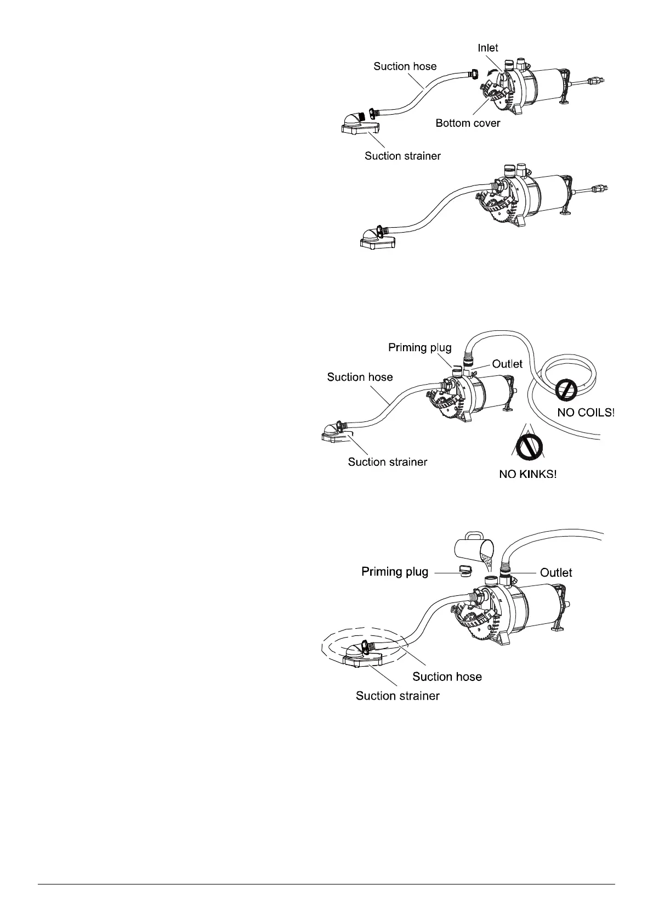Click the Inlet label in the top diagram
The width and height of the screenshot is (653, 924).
point(487,48)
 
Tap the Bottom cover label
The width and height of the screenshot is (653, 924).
point(468,123)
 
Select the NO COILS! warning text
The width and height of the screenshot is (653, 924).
point(586,412)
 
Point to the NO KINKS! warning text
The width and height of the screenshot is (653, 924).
point(527,474)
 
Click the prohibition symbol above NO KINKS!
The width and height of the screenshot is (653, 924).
point(528,445)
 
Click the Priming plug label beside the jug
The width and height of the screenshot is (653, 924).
point(395,572)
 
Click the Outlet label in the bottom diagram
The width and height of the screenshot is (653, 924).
point(556,572)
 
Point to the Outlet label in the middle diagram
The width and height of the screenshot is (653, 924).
point(507,364)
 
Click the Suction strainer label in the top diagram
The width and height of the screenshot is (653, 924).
point(402,156)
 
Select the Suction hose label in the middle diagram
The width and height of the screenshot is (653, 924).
point(360,377)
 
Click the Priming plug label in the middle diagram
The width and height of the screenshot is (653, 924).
point(419,347)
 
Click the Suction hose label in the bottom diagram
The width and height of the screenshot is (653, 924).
point(447,677)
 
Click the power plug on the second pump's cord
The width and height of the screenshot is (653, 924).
point(600,189)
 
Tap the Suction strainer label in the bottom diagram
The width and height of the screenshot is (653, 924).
point(398,696)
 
